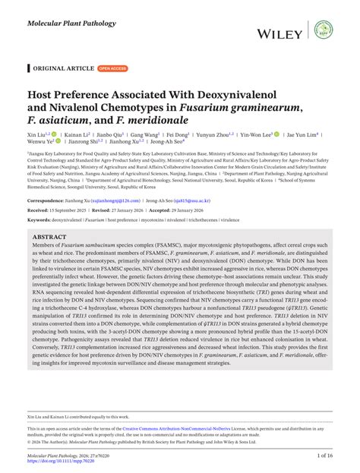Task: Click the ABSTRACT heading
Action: point(49,237)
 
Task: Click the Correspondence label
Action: point(50,200)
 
